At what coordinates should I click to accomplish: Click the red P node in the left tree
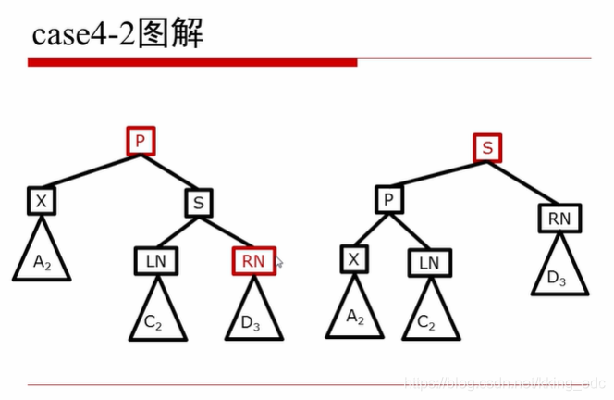click(141, 142)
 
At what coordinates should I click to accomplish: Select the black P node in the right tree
click(389, 199)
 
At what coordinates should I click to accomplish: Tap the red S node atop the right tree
click(487, 147)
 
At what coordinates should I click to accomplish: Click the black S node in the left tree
click(199, 202)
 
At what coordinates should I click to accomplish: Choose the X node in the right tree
click(353, 258)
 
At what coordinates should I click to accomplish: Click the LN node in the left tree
click(156, 262)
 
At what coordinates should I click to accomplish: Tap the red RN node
click(253, 262)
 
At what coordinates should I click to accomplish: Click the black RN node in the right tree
click(559, 219)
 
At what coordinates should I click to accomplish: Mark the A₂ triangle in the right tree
click(354, 315)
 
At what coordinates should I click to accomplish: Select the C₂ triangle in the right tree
click(426, 319)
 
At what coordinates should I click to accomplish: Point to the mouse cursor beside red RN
click(279, 264)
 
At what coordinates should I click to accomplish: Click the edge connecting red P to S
click(170, 172)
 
